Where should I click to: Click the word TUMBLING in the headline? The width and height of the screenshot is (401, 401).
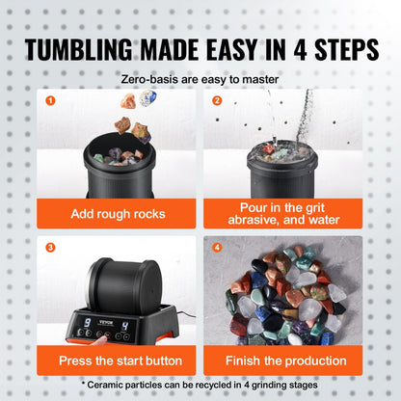(x=78, y=50)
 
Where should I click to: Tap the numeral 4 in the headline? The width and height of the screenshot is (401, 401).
(x=300, y=50)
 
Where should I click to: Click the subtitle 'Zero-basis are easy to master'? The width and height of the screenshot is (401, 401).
(x=200, y=79)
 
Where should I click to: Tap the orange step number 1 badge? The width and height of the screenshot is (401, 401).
(x=50, y=100)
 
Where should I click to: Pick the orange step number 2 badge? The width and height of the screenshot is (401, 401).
(x=217, y=100)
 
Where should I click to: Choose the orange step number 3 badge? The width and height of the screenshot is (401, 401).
(x=50, y=248)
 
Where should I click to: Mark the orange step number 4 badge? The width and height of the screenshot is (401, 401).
(x=218, y=248)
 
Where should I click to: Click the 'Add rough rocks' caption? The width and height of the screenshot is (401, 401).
(x=118, y=214)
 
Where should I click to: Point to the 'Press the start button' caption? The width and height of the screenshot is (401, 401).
(x=120, y=361)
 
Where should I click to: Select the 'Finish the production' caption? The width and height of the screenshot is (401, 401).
(x=286, y=361)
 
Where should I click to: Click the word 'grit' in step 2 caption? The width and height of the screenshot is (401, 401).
(x=313, y=208)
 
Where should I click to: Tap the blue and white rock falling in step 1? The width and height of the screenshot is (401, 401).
(x=147, y=97)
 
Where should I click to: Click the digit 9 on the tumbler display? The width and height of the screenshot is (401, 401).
(x=87, y=323)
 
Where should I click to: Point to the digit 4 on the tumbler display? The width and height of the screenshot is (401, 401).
(x=125, y=326)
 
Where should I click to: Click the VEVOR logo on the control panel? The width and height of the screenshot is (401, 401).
(x=106, y=322)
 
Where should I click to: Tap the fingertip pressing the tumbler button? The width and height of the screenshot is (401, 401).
(x=103, y=338)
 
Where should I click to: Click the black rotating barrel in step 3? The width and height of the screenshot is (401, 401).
(x=124, y=284)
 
